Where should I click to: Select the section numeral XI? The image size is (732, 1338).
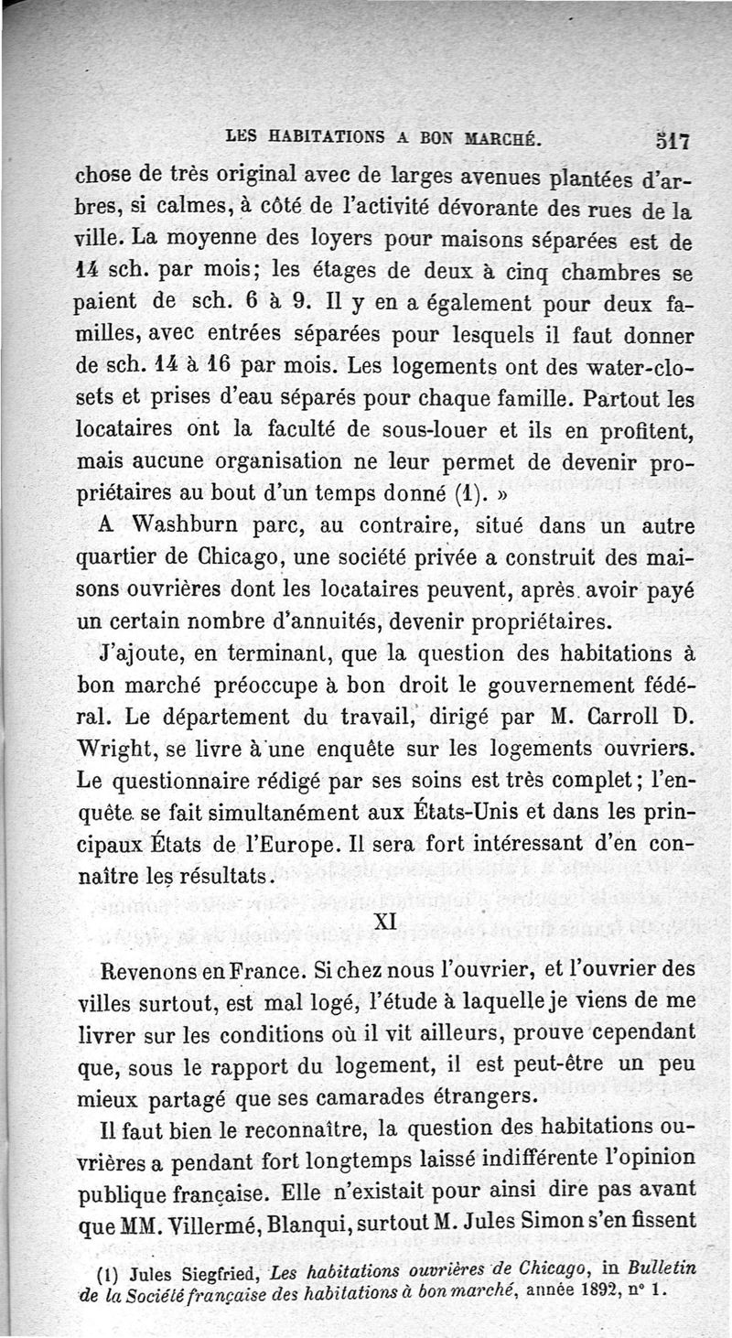coord(385,923)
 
